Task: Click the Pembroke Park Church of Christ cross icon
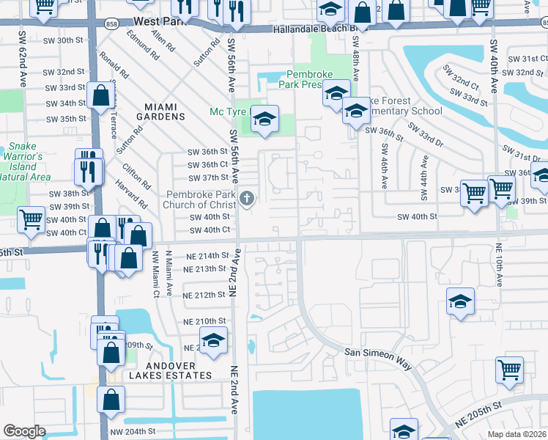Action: pyautogui.click(x=248, y=197)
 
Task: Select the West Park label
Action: pyautogui.click(x=157, y=23)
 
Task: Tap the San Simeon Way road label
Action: pyautogui.click(x=379, y=353)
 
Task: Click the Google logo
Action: pyautogui.click(x=24, y=430)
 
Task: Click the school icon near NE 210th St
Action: pyautogui.click(x=214, y=340)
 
